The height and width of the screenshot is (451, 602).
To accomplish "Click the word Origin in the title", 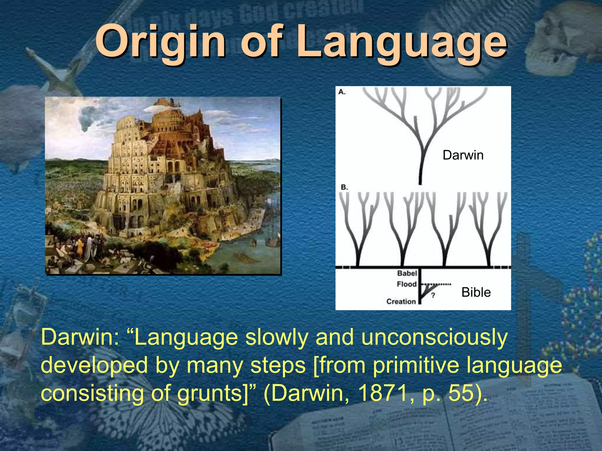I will [160, 41].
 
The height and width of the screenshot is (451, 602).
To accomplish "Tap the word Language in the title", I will [401, 43].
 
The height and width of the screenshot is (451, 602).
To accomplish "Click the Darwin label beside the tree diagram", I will [463, 155].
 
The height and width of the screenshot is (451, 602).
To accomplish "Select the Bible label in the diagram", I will [476, 292].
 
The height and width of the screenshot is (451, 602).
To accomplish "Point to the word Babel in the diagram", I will [407, 273].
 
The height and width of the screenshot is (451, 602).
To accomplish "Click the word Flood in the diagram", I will [407, 284].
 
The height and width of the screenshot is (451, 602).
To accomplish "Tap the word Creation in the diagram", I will [401, 301].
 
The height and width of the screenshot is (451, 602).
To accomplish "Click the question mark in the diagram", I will [433, 295].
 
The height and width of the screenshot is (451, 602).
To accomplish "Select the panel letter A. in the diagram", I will [342, 92].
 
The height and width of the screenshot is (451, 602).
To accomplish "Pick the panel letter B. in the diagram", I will [344, 187].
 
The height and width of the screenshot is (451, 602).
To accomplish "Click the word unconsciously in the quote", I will [434, 338].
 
